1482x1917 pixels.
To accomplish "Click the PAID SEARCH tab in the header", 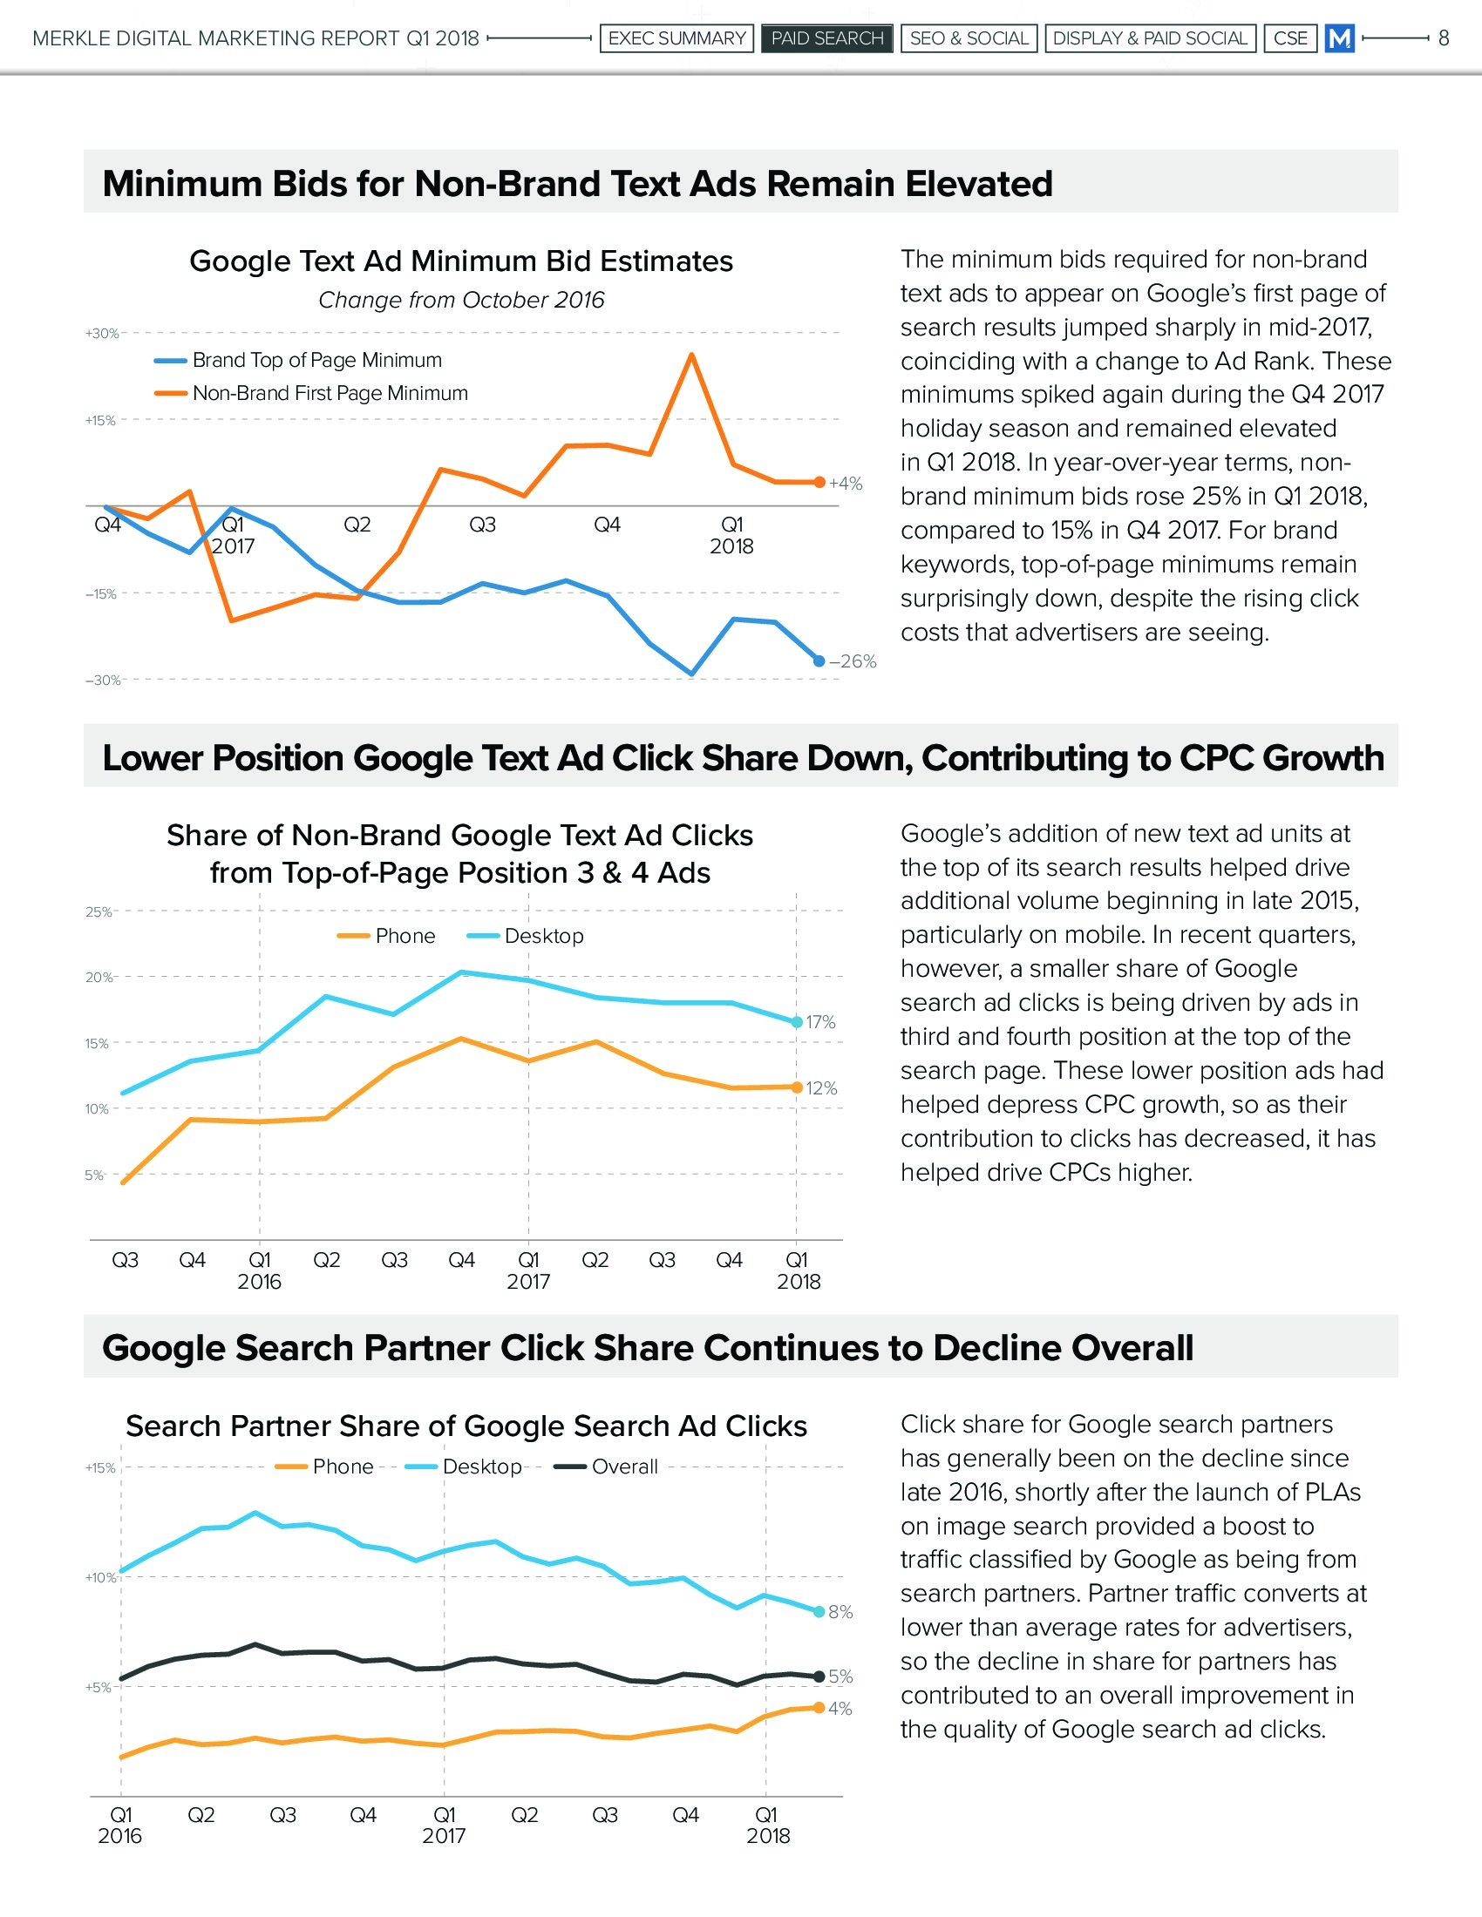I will [x=827, y=38].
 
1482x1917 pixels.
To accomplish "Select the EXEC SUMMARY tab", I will [x=676, y=38].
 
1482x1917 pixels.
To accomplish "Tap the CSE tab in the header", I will [x=1289, y=38].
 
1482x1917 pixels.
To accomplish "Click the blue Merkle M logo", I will [x=1340, y=38].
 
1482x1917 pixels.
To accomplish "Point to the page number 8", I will [x=1444, y=38].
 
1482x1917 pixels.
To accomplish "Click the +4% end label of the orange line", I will [x=846, y=484].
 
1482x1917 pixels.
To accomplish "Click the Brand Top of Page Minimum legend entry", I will [x=316, y=360].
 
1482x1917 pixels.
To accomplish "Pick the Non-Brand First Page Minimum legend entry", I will [x=330, y=393].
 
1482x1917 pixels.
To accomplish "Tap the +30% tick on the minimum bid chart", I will [x=101, y=334].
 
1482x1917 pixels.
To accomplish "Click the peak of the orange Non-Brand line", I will [x=692, y=355].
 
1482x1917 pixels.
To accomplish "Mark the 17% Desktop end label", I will [x=821, y=1023].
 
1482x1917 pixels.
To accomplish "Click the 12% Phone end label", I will [x=822, y=1088].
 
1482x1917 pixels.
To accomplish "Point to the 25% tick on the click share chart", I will [x=98, y=912].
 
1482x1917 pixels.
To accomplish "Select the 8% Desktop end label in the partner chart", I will [x=841, y=1612].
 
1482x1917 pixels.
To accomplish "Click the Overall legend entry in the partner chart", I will [x=624, y=1467].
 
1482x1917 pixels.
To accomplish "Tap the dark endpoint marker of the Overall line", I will [x=819, y=1677].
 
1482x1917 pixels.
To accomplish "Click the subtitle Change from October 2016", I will [x=461, y=301].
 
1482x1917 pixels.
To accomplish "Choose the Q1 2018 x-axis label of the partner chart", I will [x=767, y=1825].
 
